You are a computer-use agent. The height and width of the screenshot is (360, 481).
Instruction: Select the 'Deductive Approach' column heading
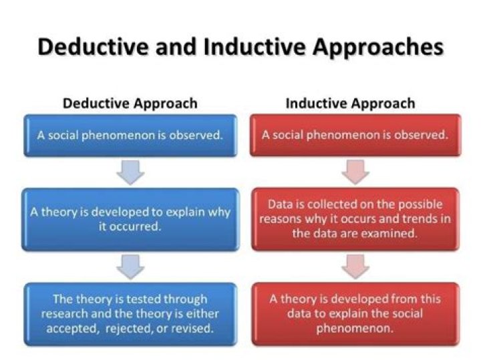click(x=130, y=104)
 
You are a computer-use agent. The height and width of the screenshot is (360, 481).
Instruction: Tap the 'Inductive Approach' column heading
click(x=350, y=104)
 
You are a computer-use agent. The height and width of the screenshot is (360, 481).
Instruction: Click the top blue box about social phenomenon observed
click(x=130, y=134)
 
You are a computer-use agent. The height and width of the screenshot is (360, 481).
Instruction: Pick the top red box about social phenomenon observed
click(x=355, y=134)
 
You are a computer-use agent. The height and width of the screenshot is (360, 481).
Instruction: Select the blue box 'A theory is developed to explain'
click(x=130, y=219)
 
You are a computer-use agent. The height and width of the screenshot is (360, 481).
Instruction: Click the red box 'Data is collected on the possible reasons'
click(x=355, y=218)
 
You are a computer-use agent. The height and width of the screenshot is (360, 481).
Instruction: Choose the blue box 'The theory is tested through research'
click(x=130, y=313)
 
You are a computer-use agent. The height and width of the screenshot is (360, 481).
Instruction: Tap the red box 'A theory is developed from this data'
click(x=355, y=313)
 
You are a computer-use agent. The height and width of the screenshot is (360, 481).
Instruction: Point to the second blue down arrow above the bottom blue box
click(x=130, y=266)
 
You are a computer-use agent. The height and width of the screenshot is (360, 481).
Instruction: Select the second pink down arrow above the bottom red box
click(x=355, y=266)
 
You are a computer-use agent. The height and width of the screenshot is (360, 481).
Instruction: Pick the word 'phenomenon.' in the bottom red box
click(x=355, y=328)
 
